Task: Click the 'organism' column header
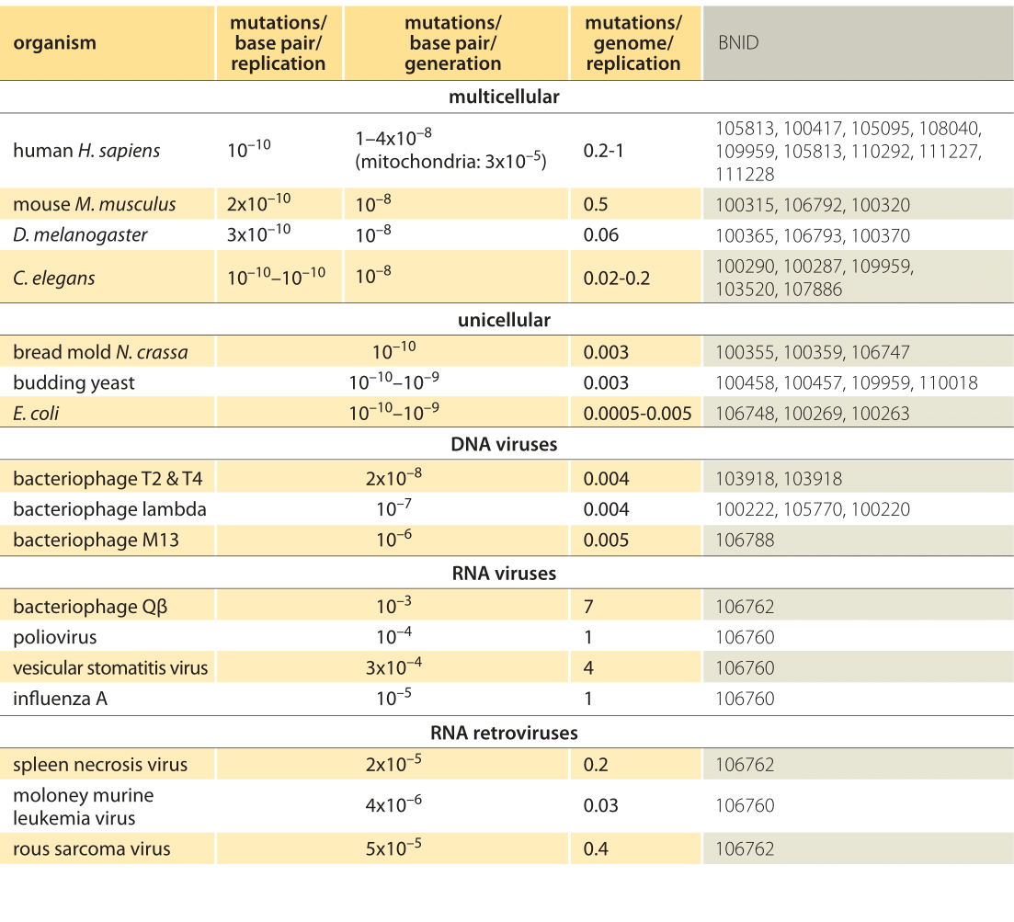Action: tap(54, 42)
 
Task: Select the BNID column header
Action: tap(738, 42)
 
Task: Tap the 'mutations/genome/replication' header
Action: tap(633, 42)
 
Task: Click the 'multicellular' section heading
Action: tap(504, 97)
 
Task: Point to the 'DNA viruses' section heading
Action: tap(504, 444)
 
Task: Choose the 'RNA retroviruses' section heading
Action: tap(504, 733)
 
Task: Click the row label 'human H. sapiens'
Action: tap(86, 151)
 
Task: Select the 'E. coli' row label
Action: tap(36, 413)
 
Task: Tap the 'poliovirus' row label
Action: tap(55, 638)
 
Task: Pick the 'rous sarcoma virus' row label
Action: tap(92, 849)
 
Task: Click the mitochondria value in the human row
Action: tap(450, 161)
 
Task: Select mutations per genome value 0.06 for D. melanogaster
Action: tap(600, 234)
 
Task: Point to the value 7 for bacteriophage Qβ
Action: tap(588, 607)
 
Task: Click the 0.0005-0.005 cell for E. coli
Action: tap(638, 413)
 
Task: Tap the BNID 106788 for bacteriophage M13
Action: tap(745, 540)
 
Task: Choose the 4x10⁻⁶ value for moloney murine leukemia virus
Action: tap(393, 803)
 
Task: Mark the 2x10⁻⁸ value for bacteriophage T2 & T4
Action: tap(393, 477)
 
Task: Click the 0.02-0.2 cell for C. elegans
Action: tap(617, 278)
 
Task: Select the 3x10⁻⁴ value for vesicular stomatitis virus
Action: tap(393, 666)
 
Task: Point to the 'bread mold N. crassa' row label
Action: tap(100, 352)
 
